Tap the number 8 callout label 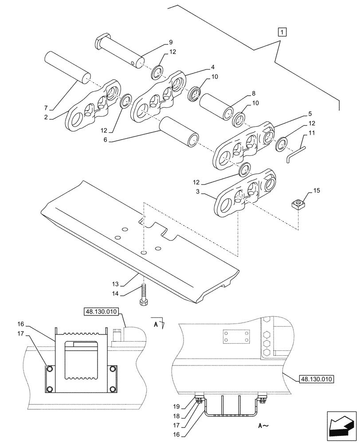point(254,93)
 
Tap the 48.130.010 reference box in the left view point(100,312)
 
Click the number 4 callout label point(213,67)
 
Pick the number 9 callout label point(170,43)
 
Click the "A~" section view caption point(263,426)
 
